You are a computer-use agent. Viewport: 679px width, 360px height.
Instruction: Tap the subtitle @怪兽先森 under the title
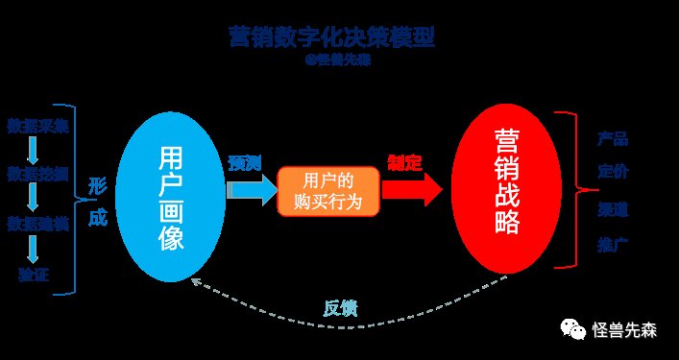tap(335, 59)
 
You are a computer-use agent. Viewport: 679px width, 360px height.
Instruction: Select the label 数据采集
tap(37, 126)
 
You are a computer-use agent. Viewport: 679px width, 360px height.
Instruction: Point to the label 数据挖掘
tap(37, 176)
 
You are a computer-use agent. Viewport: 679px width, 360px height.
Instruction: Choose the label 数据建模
tap(37, 225)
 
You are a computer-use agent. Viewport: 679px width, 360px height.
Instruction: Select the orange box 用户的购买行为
tap(328, 190)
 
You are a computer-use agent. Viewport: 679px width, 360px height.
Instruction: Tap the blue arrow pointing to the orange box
tap(250, 190)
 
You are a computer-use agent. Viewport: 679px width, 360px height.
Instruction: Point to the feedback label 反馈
tap(340, 308)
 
